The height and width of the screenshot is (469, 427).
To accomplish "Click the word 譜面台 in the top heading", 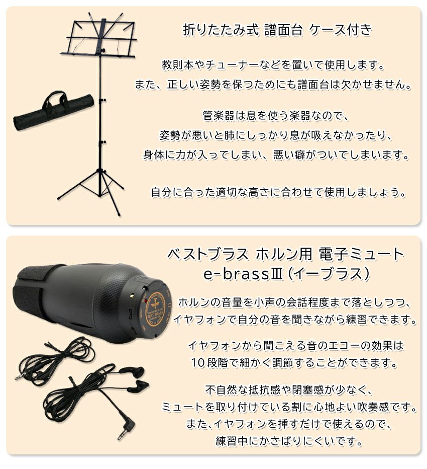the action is coord(283,30).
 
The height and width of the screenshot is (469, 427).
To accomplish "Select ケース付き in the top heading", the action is coord(341,30).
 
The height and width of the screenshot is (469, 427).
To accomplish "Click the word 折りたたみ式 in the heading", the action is coord(221,30).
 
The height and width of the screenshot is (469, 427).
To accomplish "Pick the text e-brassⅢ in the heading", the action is coord(243,273).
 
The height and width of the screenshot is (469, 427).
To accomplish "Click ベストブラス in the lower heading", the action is coord(207,254).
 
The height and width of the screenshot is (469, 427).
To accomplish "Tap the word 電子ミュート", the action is coord(361,254).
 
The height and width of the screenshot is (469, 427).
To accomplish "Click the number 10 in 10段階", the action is coord(197,363).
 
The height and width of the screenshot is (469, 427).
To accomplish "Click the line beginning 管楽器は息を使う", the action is coord(276,115).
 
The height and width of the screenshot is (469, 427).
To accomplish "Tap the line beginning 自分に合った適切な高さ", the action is coord(278,192).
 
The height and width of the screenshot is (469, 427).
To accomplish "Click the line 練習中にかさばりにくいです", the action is coord(289,441).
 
